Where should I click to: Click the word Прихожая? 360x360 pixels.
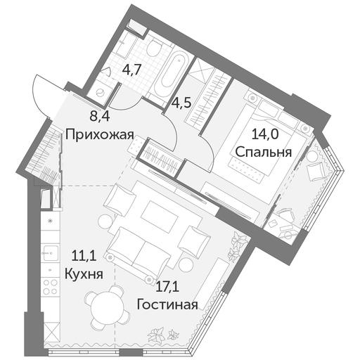coord(100,135)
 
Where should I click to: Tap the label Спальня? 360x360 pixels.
coord(264,152)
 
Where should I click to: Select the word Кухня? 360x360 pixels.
coord(84,274)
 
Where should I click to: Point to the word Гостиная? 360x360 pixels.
coord(167,304)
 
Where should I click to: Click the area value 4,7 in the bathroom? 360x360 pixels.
coord(131,70)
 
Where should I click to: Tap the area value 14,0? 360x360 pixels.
coord(265,134)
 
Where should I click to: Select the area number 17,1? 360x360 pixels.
coord(168,287)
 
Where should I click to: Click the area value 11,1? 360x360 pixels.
coord(84,255)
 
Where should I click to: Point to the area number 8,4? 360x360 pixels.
coord(100,116)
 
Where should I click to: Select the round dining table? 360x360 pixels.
coord(108,307)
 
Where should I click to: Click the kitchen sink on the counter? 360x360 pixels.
coord(51,252)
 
